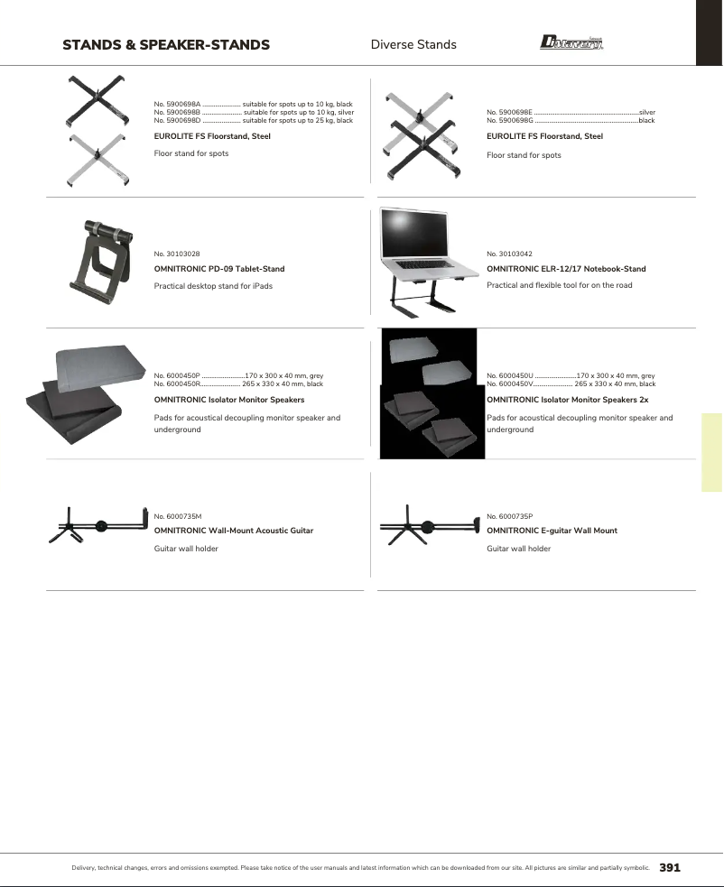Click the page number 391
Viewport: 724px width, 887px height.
pyautogui.click(x=669, y=868)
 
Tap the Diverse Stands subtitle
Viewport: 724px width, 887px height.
pyautogui.click(x=413, y=44)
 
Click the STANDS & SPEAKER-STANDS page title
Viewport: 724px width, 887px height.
pyautogui.click(x=166, y=44)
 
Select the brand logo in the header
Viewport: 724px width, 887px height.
pyautogui.click(x=571, y=42)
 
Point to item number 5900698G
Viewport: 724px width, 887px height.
pyautogui.click(x=509, y=120)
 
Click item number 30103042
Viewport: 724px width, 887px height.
pyautogui.click(x=508, y=254)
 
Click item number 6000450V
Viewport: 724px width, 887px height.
pyautogui.click(x=510, y=383)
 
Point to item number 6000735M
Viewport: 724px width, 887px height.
pyautogui.click(x=178, y=515)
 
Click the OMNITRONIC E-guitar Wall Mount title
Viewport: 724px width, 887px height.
pyautogui.click(x=552, y=531)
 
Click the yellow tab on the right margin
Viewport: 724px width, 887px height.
pyautogui.click(x=711, y=452)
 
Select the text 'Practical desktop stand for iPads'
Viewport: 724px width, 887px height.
pyautogui.click(x=213, y=285)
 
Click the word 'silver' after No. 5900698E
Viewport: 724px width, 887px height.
pyautogui.click(x=646, y=112)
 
